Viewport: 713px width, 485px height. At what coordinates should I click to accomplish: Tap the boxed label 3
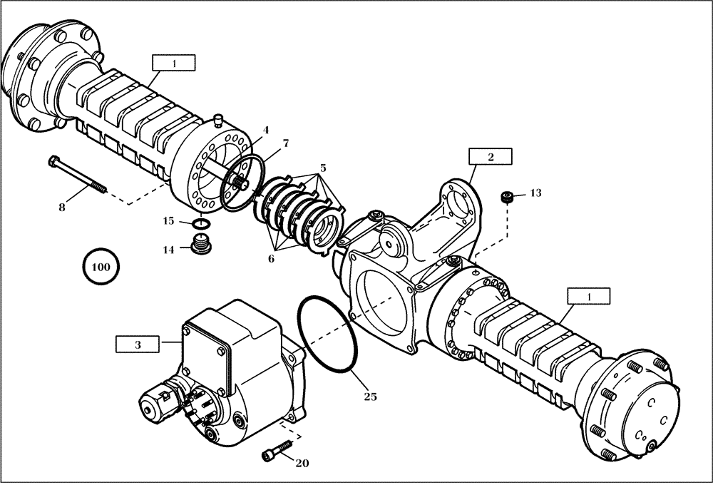click(138, 344)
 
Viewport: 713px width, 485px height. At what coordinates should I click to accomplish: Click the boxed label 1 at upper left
click(173, 63)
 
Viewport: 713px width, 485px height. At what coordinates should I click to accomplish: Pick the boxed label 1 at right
click(588, 296)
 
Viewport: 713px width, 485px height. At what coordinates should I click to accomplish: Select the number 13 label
click(535, 193)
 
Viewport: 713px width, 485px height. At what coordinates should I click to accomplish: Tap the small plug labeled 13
click(507, 198)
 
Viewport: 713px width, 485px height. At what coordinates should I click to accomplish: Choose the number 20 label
click(302, 463)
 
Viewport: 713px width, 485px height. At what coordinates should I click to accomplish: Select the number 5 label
click(323, 168)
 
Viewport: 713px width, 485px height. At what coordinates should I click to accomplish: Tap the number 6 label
click(271, 259)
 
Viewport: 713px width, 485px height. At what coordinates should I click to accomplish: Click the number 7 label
click(285, 143)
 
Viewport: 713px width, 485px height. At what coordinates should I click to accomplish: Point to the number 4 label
click(265, 130)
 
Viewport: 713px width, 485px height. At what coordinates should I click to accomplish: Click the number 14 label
click(169, 250)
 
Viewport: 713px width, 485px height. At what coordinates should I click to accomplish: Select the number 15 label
click(168, 222)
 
